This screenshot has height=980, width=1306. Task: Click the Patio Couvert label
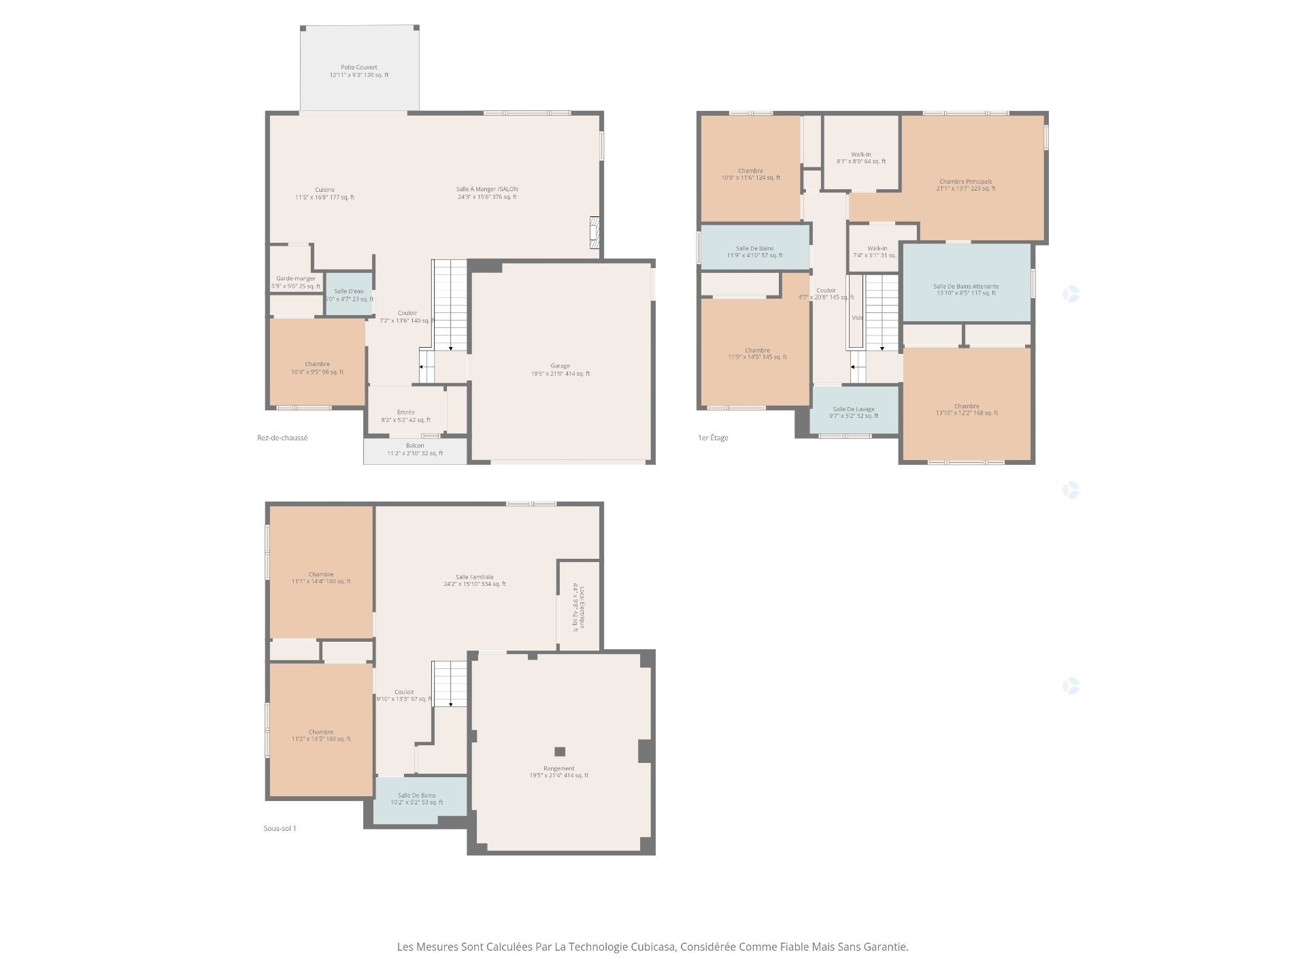click(x=359, y=68)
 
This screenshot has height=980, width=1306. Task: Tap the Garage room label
click(x=560, y=366)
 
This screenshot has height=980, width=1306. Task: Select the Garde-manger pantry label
click(x=295, y=279)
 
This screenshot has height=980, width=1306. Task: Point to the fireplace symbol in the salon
click(x=595, y=233)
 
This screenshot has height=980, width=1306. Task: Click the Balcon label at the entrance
click(x=415, y=446)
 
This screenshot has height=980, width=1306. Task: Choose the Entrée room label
click(x=406, y=412)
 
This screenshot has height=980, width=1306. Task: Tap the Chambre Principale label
click(x=965, y=182)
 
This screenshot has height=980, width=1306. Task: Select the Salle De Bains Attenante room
click(x=965, y=287)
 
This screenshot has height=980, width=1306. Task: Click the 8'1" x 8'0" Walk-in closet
click(x=860, y=155)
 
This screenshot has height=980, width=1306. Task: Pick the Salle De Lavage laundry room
click(x=854, y=410)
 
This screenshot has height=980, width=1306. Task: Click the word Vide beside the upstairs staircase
click(x=857, y=318)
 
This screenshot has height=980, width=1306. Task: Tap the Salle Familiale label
click(x=475, y=577)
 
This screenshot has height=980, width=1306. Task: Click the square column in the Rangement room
click(x=560, y=751)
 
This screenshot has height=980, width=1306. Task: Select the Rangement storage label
click(x=558, y=768)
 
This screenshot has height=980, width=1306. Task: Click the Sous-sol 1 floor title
click(x=280, y=828)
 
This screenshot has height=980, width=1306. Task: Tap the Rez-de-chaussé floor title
click(x=282, y=438)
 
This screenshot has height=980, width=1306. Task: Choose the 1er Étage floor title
click(x=713, y=438)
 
